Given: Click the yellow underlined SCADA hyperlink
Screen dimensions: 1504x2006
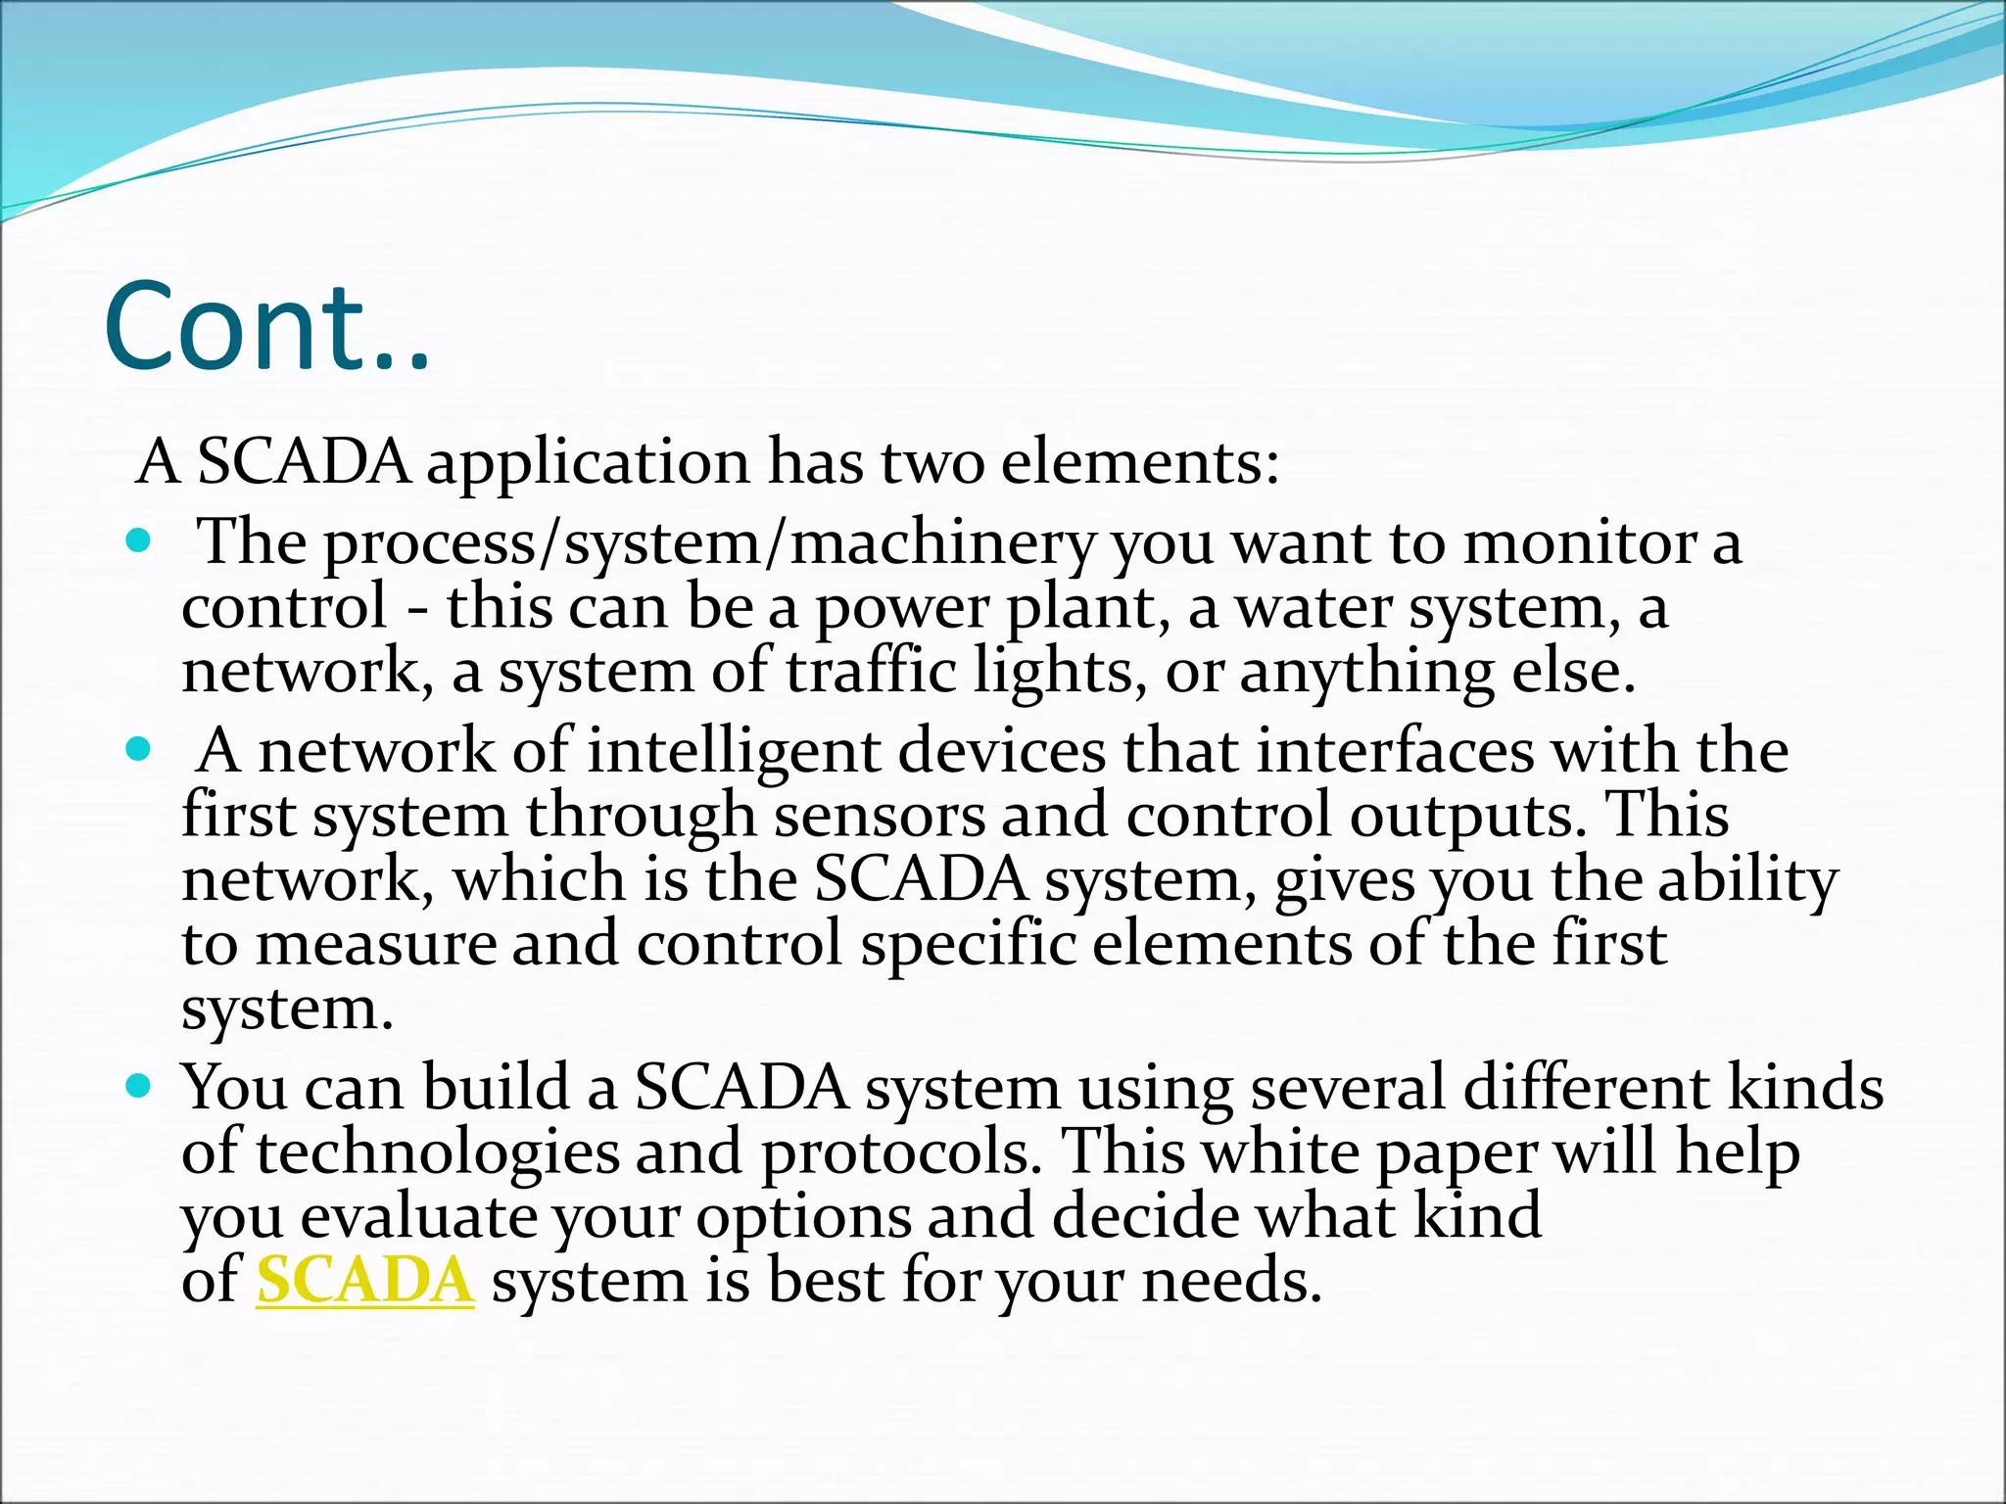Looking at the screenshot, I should [364, 1280].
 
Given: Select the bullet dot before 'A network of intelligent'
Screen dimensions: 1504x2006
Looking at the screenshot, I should [140, 750].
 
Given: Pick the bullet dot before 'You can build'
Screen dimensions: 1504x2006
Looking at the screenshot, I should [140, 1086].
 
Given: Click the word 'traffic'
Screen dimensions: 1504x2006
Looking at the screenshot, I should [871, 672].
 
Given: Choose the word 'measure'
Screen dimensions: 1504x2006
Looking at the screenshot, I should [376, 944].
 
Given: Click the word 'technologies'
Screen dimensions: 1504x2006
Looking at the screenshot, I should [437, 1152].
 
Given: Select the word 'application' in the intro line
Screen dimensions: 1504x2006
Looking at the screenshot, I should [588, 463].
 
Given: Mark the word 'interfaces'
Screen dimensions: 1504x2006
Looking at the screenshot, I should [1396, 752].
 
